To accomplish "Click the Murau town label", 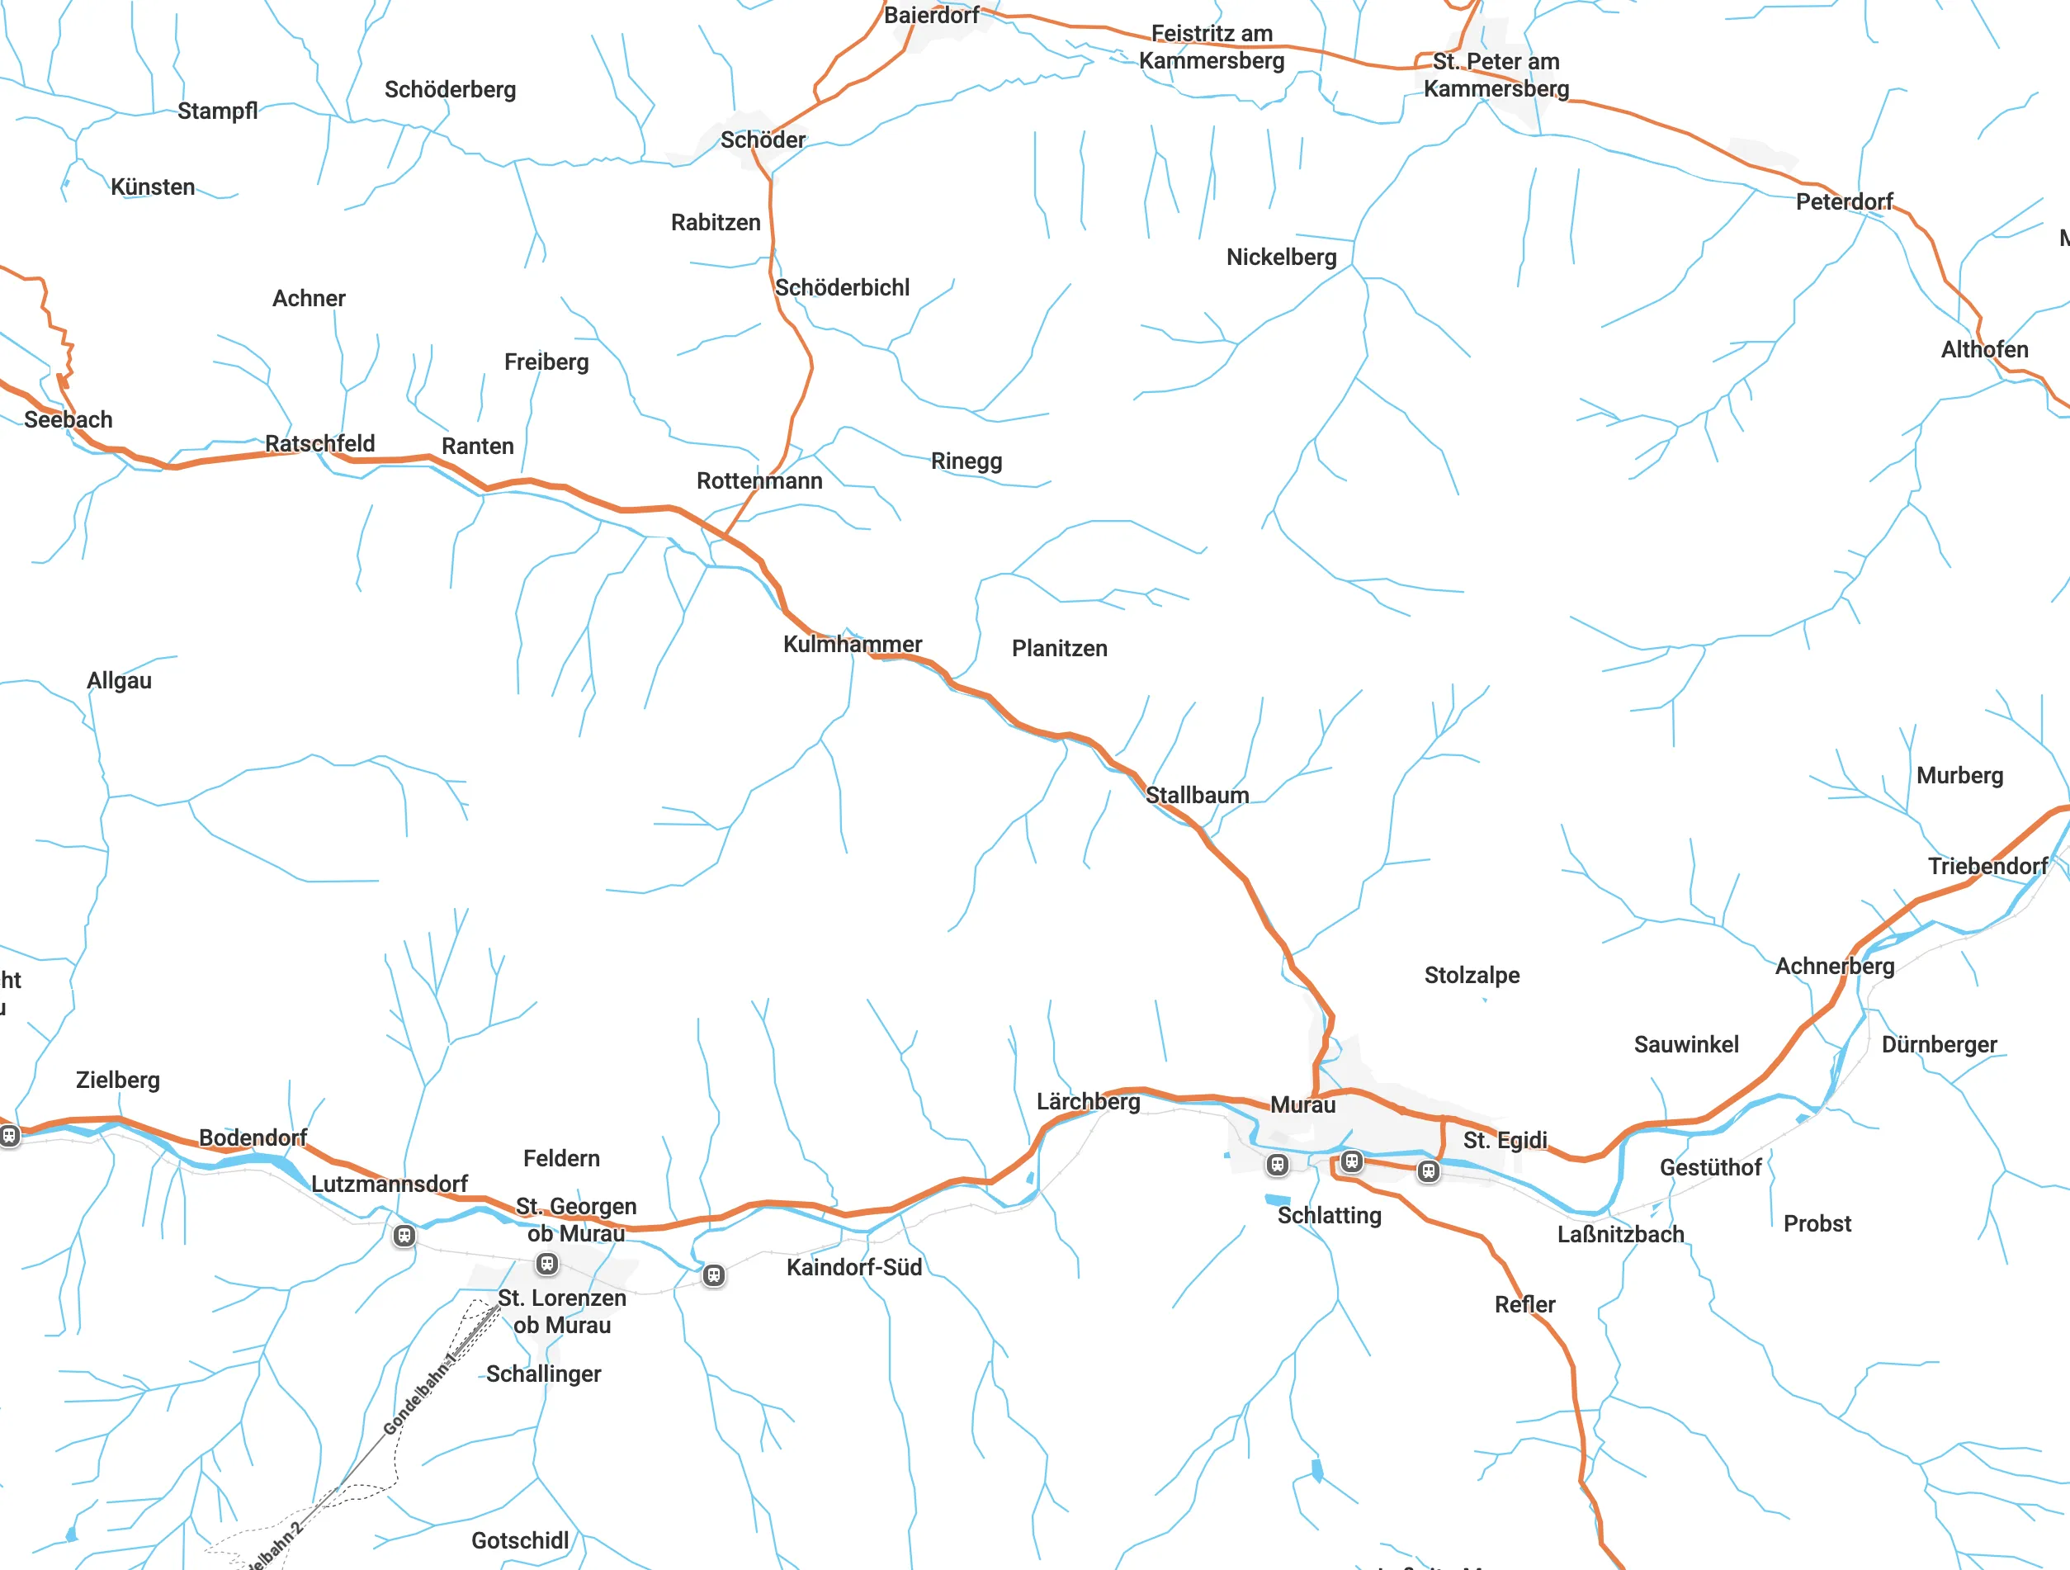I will click(1302, 1105).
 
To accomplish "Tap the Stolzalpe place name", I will click(1471, 975).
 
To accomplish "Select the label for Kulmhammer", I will click(852, 644).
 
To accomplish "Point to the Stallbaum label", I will click(1197, 795).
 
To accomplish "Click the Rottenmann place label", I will click(759, 481).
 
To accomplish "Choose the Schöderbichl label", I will click(841, 287).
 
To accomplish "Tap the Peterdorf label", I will click(1844, 202).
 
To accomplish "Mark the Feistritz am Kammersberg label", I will click(1211, 47).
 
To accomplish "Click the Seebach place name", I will click(69, 420).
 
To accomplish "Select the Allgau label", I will click(119, 680).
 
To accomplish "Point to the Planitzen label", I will click(1059, 649).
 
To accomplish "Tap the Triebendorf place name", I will click(1987, 867).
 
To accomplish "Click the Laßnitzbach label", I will click(1620, 1234).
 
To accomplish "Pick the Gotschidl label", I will click(519, 1540).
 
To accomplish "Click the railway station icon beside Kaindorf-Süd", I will click(713, 1275).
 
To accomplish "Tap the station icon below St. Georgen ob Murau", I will click(546, 1265).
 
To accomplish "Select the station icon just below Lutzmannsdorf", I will click(404, 1236).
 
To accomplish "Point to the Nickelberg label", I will click(1281, 258).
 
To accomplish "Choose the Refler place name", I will click(1524, 1304).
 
